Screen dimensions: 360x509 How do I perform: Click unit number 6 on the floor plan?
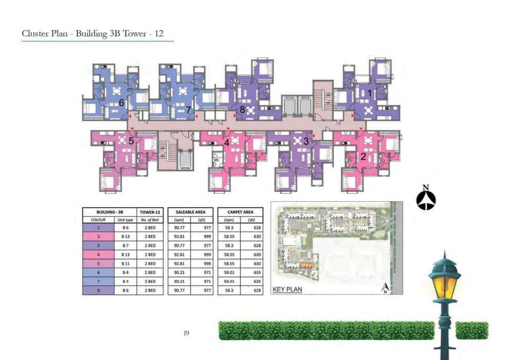pos(122,103)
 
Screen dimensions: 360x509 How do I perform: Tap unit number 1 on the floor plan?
pos(369,93)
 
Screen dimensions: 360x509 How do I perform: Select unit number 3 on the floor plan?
pos(306,141)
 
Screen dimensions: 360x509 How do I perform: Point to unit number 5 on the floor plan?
pos(131,141)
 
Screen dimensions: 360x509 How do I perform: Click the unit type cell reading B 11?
pos(125,263)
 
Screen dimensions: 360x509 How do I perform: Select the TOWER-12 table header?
pos(150,212)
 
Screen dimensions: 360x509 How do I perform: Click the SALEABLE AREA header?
pos(190,212)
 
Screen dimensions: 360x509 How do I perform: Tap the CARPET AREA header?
pos(240,212)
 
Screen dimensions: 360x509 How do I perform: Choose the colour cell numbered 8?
pos(98,290)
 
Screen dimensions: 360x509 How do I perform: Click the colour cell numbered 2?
pos(98,237)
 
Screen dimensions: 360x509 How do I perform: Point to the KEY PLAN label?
pos(287,290)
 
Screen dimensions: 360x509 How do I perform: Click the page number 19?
pos(186,333)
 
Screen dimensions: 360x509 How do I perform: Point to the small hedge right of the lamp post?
pos(472,331)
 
